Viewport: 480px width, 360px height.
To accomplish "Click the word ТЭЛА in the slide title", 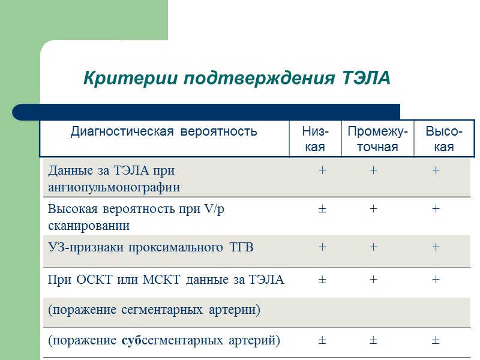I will tap(367, 79).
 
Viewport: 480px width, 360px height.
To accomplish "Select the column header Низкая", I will tap(314, 139).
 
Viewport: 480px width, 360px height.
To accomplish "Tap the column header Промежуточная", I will tap(377, 139).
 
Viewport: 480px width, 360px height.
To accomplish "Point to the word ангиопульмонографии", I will tap(114, 187).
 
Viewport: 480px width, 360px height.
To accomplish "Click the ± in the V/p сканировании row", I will tap(322, 209).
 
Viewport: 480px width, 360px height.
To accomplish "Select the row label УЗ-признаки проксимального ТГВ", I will tap(151, 247).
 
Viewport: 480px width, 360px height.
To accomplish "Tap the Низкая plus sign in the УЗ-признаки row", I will tap(322, 247).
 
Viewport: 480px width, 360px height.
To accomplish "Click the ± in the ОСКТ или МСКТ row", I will tap(322, 280).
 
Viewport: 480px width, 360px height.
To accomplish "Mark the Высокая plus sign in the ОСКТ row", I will tap(436, 280).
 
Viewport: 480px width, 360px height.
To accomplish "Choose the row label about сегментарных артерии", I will tap(154, 310).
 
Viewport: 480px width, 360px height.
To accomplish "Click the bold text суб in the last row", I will tap(131, 340).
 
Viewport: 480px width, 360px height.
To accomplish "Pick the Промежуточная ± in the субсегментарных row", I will tap(373, 340).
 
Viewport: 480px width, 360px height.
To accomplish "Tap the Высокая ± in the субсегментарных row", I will tap(436, 340).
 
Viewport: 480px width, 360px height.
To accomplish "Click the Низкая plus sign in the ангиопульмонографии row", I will tap(322, 171).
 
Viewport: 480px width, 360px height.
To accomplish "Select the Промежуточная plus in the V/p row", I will tap(373, 209).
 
